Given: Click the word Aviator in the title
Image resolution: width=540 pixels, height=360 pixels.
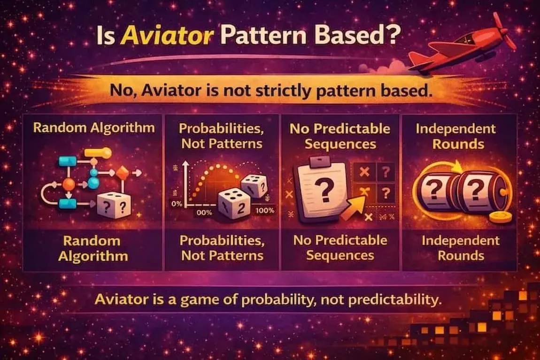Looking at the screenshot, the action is [167, 36].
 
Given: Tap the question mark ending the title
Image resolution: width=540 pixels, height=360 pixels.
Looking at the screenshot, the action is [393, 34].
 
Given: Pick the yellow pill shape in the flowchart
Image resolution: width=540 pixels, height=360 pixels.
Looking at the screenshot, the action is [98, 153].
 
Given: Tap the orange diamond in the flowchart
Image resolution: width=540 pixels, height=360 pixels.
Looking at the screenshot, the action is [122, 173].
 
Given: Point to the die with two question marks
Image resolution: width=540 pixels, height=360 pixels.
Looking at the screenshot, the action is [114, 206].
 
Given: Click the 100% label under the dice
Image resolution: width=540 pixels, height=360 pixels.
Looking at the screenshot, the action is [265, 210].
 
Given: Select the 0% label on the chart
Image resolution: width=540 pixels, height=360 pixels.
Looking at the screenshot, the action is [177, 204].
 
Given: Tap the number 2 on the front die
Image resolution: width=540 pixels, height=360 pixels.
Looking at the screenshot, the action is [241, 208].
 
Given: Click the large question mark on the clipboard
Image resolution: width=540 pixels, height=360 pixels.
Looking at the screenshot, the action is [325, 191].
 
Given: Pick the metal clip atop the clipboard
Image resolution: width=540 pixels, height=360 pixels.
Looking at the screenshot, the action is [320, 162].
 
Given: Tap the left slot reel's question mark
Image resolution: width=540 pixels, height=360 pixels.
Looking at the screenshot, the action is [435, 190].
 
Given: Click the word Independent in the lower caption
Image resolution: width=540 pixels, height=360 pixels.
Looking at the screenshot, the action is [461, 240].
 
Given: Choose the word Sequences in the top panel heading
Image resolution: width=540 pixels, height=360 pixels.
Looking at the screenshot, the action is [340, 144].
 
